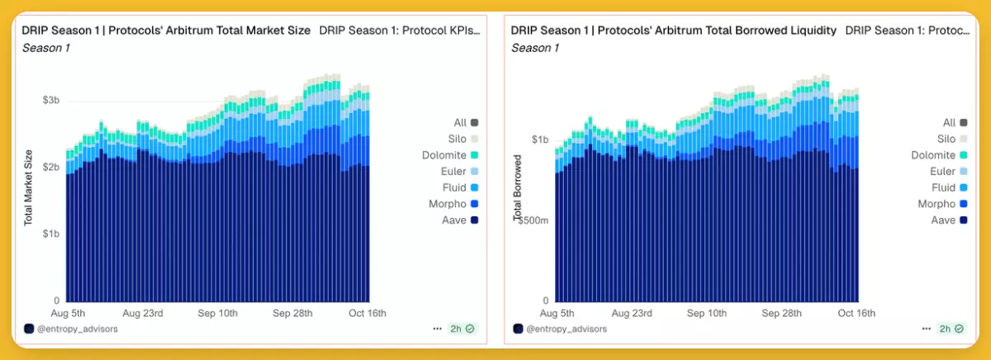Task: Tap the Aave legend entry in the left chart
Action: coord(461,220)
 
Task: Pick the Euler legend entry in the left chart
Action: coord(460,171)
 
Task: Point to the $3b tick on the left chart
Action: coord(50,100)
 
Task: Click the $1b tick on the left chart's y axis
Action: coord(50,234)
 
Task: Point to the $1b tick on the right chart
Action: coord(540,140)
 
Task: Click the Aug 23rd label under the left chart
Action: coord(142,314)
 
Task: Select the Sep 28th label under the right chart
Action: coord(781,314)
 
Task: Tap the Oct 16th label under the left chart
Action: coord(367,314)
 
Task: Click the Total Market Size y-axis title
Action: coord(28,188)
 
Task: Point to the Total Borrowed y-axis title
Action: coord(518,188)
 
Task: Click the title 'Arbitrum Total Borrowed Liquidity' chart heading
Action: coord(673,31)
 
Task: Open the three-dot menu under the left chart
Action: coord(437,329)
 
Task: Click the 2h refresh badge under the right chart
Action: coord(951,329)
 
